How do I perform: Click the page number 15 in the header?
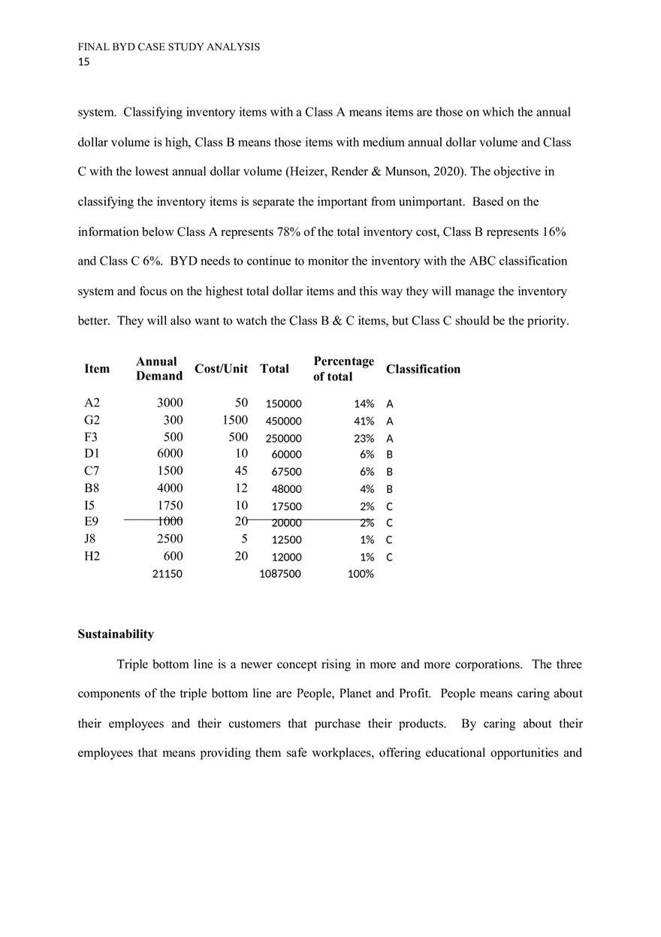coord(83,62)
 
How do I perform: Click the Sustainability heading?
coord(116,634)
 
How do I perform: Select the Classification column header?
coord(423,369)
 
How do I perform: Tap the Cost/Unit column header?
coord(221,369)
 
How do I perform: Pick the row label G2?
coord(92,421)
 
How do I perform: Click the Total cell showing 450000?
coord(283,422)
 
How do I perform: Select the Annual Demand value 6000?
coord(169,454)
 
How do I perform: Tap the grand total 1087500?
coord(279,574)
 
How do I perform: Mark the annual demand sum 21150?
coord(167,574)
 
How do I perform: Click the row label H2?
coord(92,557)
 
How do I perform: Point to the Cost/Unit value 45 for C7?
coord(241,471)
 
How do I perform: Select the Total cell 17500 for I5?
coord(286,506)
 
